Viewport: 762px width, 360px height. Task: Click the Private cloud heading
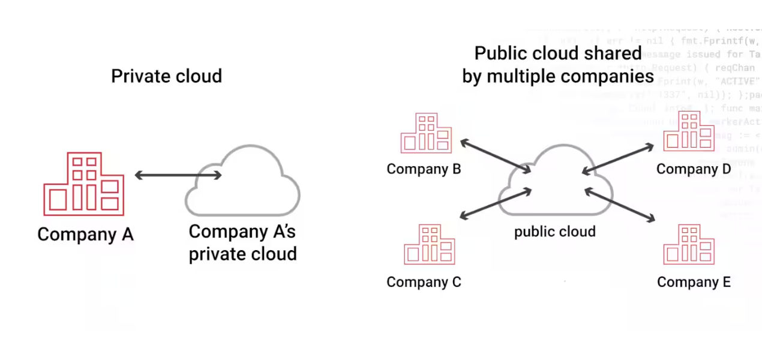166,76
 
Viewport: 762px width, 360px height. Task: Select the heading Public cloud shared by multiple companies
557,65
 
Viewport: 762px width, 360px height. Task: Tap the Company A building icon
83,184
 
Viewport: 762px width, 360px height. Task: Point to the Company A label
85,234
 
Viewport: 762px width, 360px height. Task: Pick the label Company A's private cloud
242,242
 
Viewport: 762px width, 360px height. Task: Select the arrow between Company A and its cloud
178,175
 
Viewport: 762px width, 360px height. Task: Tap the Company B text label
424,169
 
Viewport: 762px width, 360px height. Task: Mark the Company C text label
424,282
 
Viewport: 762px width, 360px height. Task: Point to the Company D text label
694,169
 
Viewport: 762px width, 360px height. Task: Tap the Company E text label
694,282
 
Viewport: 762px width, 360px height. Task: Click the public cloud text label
554,232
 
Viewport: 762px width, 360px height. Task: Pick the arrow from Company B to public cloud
496,156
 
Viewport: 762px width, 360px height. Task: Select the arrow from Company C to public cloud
496,204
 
